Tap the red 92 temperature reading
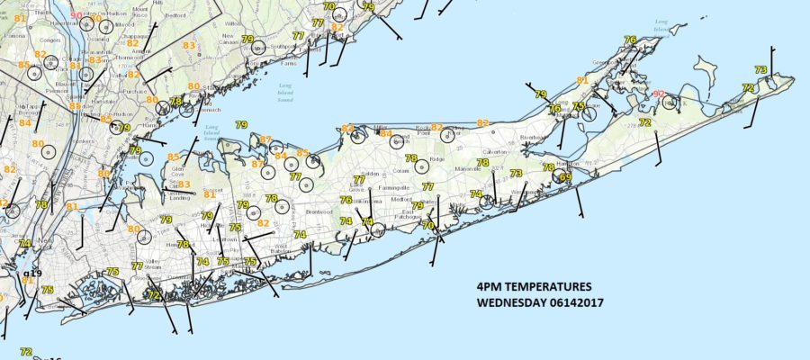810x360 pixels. pos(659,94)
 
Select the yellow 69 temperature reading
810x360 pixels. pos(565,177)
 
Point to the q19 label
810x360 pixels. pos(32,272)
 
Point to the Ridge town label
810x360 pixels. pos(437,159)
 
